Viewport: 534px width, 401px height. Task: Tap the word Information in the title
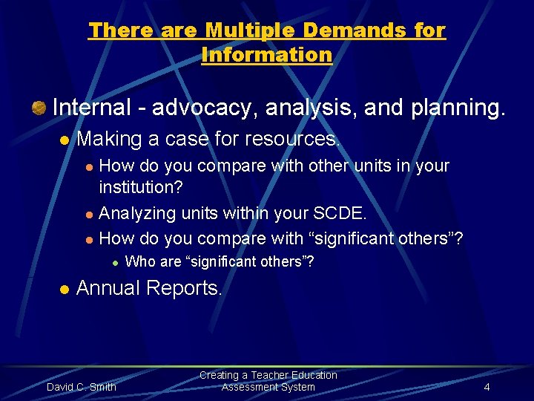[267, 54]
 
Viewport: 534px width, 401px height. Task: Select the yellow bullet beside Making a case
[64, 140]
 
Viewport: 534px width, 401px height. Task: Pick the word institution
[140, 189]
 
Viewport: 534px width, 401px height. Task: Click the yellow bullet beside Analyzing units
[89, 215]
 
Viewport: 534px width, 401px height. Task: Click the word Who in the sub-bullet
[139, 261]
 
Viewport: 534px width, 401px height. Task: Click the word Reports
[187, 288]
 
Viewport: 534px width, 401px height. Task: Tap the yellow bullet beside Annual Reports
[64, 289]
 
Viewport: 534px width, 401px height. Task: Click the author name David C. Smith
[82, 387]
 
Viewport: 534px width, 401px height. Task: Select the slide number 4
[487, 387]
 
